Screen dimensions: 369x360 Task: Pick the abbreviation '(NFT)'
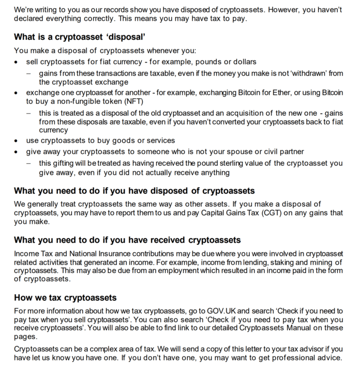[x=129, y=101]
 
